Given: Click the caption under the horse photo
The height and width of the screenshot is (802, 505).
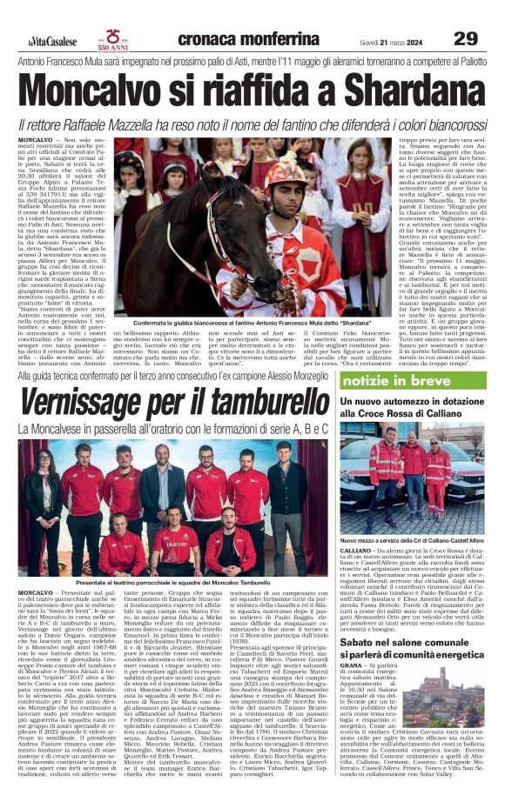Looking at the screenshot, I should (235, 321).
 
